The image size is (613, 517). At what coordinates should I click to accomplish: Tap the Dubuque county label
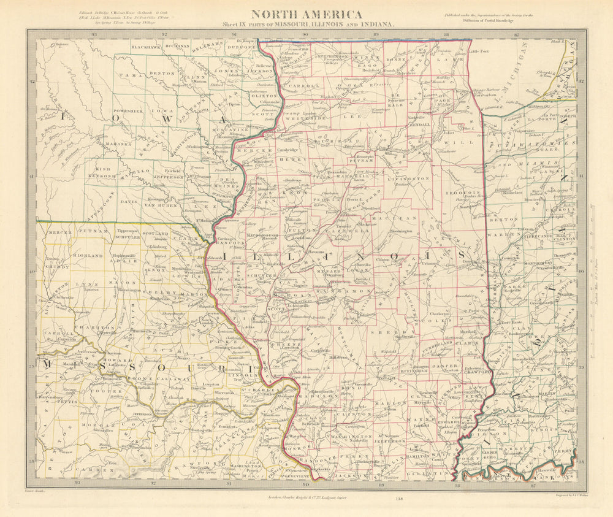(x=243, y=51)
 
